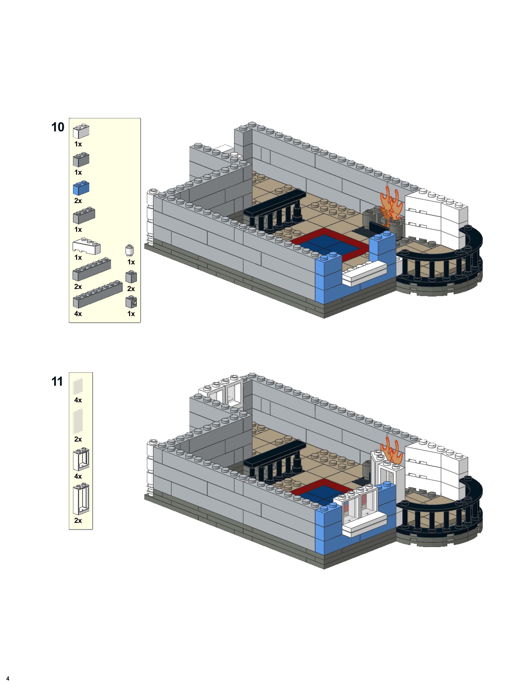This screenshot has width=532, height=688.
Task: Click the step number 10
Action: pyautogui.click(x=58, y=127)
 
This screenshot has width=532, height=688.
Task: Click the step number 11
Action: pyautogui.click(x=57, y=382)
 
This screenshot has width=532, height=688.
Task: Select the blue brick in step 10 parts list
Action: pyautogui.click(x=81, y=188)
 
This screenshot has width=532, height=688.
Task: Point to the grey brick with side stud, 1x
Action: pyautogui.click(x=131, y=302)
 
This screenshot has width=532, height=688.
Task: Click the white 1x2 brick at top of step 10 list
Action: pyautogui.click(x=81, y=131)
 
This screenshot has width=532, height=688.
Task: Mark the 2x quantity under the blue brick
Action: pyautogui.click(x=78, y=201)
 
